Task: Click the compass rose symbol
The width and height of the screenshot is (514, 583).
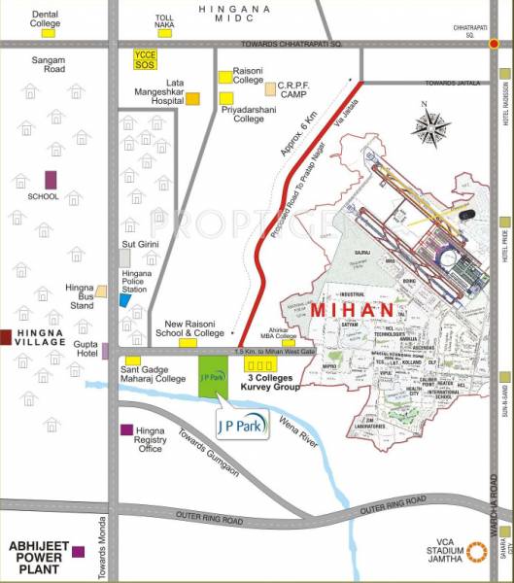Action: click(x=429, y=125)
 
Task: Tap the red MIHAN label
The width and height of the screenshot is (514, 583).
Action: click(x=352, y=309)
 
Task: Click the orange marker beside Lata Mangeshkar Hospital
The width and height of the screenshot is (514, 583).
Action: click(x=192, y=98)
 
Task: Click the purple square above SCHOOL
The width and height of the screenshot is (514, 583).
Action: click(x=51, y=179)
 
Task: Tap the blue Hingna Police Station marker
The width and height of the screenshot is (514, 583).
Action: click(x=124, y=298)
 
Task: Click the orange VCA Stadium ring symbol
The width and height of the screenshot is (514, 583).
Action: click(x=478, y=551)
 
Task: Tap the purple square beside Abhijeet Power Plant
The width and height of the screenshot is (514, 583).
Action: click(x=78, y=552)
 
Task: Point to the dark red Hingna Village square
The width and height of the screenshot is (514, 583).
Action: click(x=6, y=337)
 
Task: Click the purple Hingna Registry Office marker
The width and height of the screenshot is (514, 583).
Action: click(x=126, y=429)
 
